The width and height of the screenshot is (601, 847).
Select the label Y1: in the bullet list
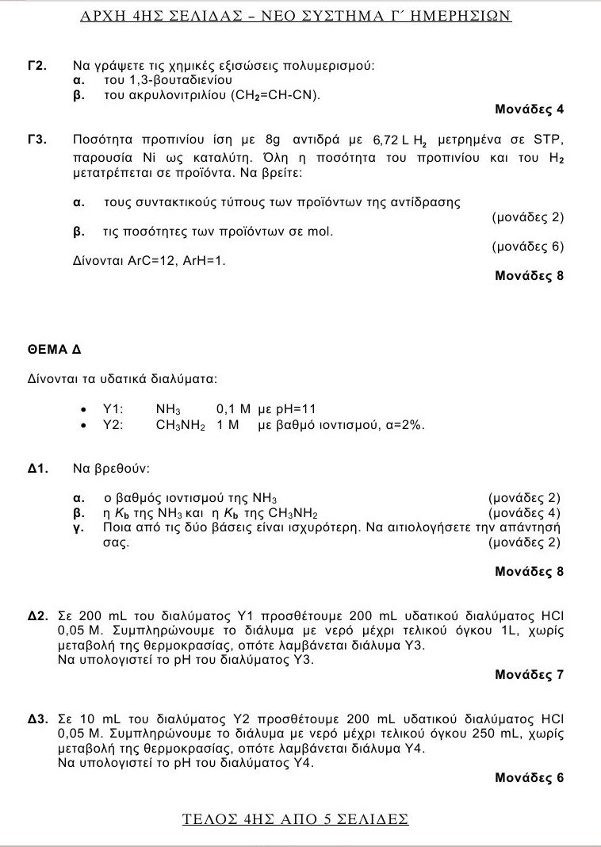click(113, 409)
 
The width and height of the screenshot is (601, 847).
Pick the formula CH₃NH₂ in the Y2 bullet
click(180, 425)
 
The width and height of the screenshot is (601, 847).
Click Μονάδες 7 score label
click(529, 675)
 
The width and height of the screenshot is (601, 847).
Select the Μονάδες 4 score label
click(529, 110)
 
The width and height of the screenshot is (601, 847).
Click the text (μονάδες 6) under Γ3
click(527, 247)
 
